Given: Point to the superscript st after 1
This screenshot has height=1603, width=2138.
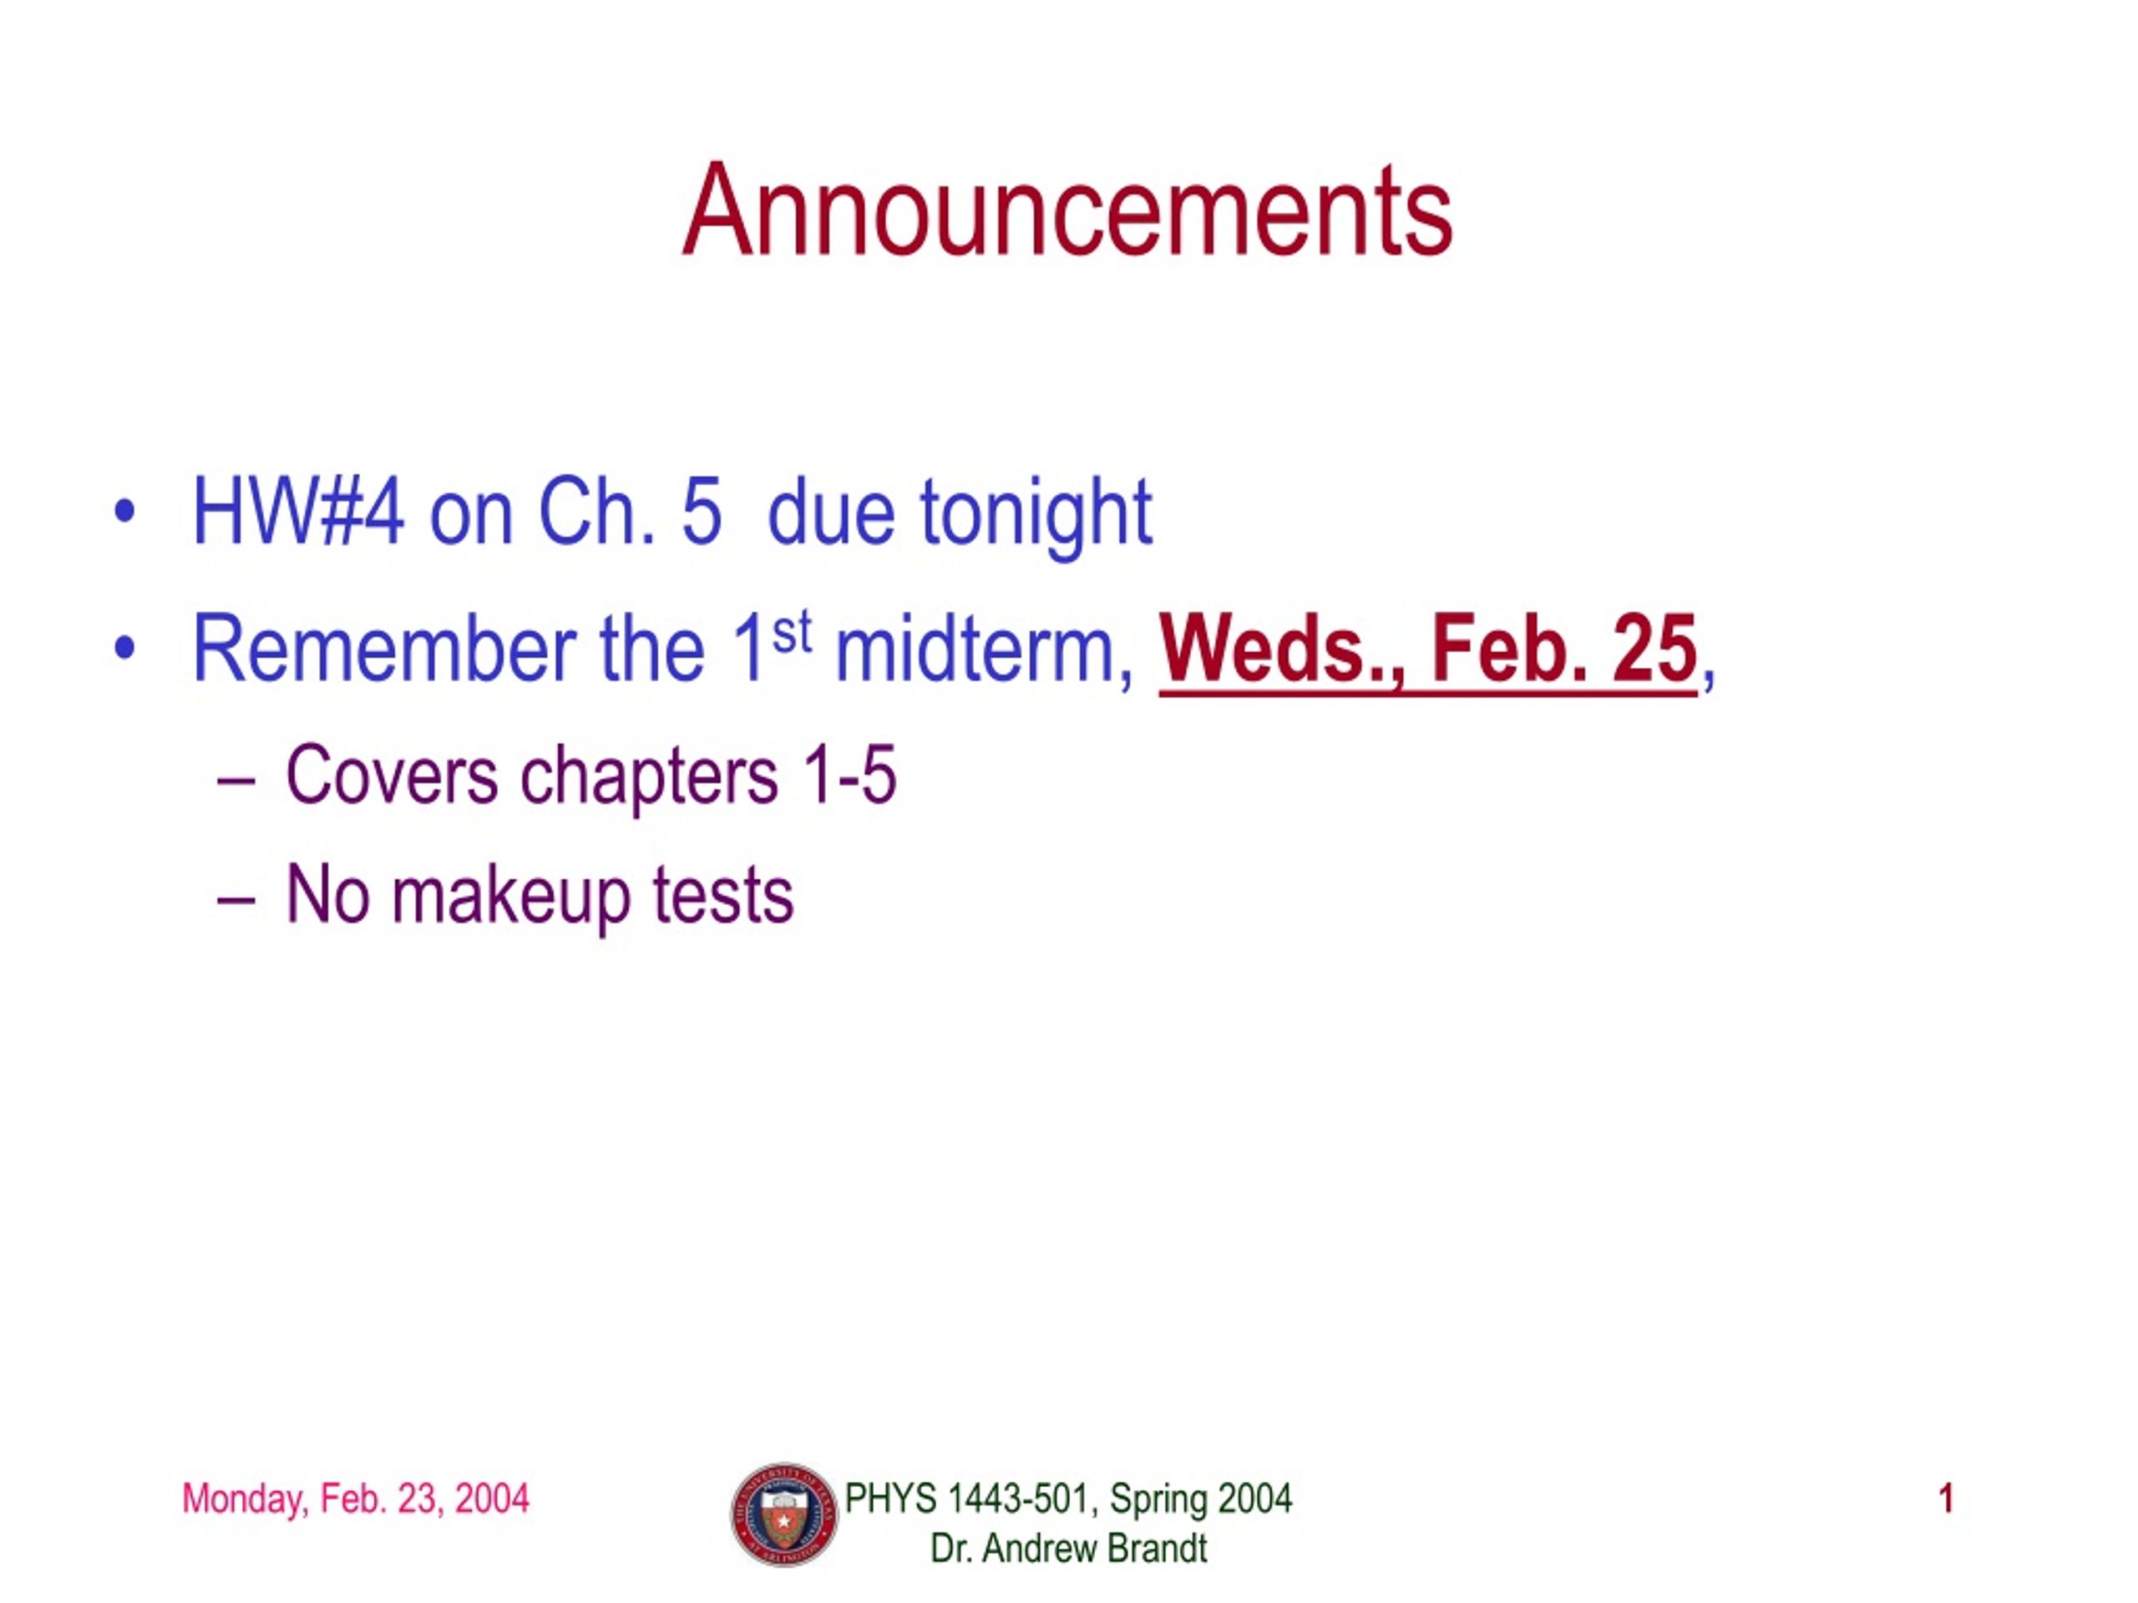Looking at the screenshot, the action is click(x=792, y=633).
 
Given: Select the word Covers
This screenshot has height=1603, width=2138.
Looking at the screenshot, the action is click(x=392, y=774).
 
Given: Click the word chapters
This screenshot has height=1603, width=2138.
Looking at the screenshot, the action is click(x=650, y=778).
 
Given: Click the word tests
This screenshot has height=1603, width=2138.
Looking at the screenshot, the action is click(x=723, y=896).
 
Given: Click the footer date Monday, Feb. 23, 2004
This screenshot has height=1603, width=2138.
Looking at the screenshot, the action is click(x=356, y=1499).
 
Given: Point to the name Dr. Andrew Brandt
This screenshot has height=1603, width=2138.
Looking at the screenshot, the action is click(x=1068, y=1549).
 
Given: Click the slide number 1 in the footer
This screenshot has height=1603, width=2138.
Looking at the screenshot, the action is click(x=1947, y=1499).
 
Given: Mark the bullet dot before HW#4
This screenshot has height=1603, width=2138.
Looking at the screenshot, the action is click(x=124, y=512).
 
